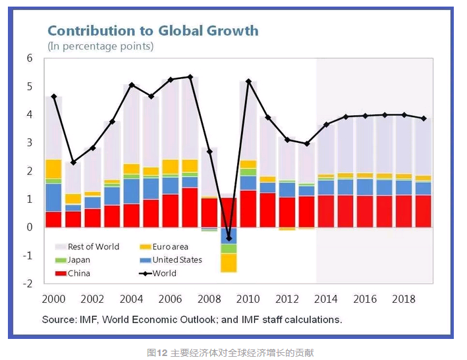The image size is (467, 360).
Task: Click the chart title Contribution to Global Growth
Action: (152, 30)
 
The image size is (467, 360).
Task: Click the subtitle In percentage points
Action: (100, 46)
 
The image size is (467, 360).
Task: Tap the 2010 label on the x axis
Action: (248, 299)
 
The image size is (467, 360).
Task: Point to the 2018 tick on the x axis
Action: (404, 299)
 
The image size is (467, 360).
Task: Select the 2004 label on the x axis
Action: (131, 299)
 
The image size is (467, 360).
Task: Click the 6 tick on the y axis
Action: (29, 58)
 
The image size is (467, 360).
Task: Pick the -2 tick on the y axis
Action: (28, 284)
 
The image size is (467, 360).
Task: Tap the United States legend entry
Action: (177, 260)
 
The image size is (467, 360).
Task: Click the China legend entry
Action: (78, 273)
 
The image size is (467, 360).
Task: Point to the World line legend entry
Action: (164, 273)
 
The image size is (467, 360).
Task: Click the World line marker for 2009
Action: (229, 238)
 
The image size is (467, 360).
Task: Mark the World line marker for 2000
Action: (54, 97)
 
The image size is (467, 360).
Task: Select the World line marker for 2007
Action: (190, 77)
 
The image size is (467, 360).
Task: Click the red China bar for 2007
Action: (190, 207)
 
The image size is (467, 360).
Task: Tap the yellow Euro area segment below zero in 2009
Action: (229, 263)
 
